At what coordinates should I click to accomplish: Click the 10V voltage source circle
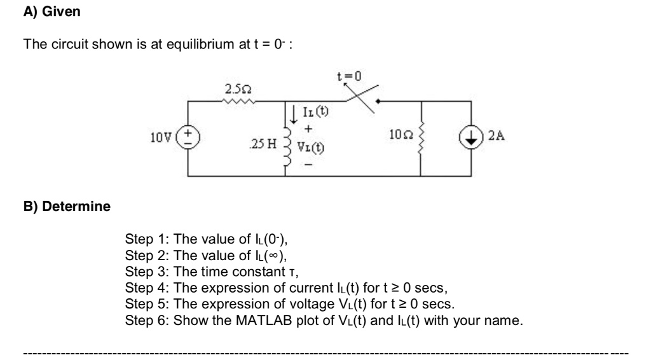coord(188,137)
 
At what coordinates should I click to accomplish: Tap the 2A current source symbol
coord(471,137)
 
